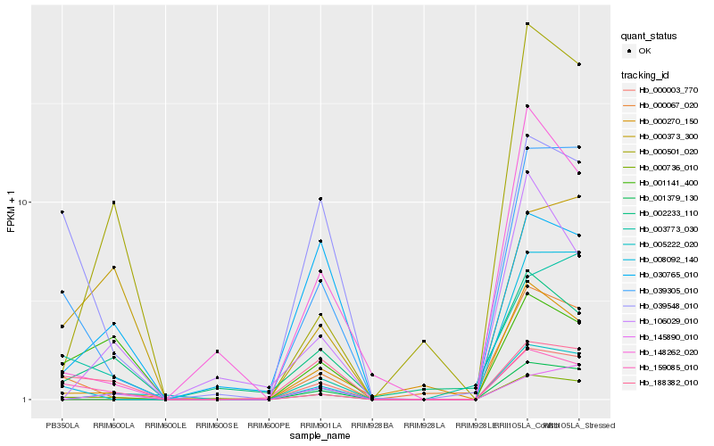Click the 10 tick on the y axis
(x=24, y=202)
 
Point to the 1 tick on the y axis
(x=27, y=400)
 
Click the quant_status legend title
(x=649, y=36)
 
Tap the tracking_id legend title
(x=647, y=75)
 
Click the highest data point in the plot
(x=527, y=24)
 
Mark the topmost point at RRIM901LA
(x=320, y=198)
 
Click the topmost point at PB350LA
(x=62, y=211)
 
